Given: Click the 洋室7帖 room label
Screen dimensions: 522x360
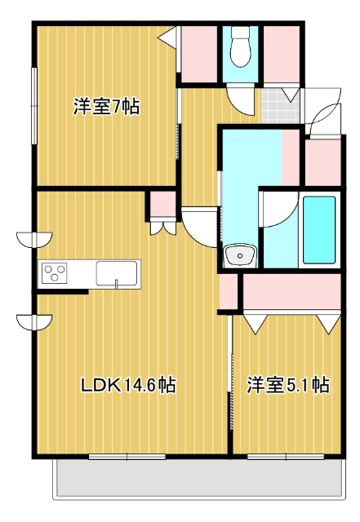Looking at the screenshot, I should pyautogui.click(x=105, y=107).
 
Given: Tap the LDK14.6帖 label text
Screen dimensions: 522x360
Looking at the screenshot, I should pyautogui.click(x=128, y=384).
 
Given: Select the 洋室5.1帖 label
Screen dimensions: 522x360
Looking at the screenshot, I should pyautogui.click(x=288, y=384).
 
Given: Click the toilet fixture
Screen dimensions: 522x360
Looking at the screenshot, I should pyautogui.click(x=241, y=49).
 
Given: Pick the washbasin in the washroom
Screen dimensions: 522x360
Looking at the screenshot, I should pyautogui.click(x=239, y=256).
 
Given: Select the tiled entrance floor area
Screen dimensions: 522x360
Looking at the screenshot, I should pyautogui.click(x=278, y=104).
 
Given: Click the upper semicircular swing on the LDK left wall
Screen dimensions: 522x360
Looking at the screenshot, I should pyautogui.click(x=33, y=239).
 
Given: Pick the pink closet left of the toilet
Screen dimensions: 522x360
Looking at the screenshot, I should pyautogui.click(x=200, y=53).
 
